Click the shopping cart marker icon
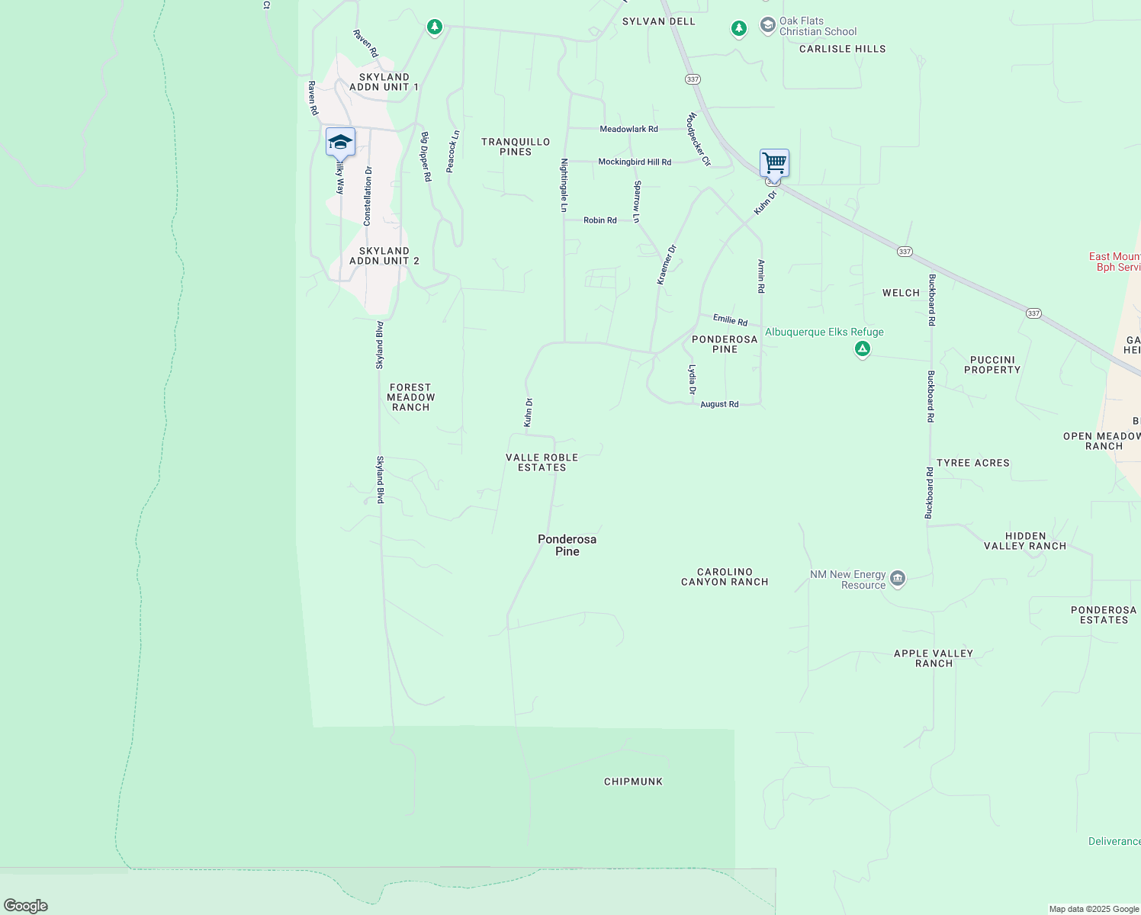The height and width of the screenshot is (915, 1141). [774, 162]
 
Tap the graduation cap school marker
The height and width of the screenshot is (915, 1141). [340, 143]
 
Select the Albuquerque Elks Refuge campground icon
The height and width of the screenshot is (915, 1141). [863, 349]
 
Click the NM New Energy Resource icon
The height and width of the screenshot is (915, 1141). [898, 579]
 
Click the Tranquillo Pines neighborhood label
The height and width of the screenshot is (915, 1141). [516, 146]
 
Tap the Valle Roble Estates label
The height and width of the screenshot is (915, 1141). [542, 462]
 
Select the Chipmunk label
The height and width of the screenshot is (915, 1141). [633, 782]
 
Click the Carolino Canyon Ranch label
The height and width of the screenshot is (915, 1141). [725, 576]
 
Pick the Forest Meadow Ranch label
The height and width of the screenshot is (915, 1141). [410, 397]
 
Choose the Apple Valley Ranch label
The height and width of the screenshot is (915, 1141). [934, 658]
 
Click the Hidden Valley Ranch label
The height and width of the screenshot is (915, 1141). [1025, 541]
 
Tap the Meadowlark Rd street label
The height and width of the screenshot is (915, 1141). [628, 129]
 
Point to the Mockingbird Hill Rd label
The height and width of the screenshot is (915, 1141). [635, 162]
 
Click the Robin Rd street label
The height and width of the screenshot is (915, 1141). [600, 220]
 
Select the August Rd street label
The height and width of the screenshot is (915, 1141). [719, 404]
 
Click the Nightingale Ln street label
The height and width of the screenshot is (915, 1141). [564, 185]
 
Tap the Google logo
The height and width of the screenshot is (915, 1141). [26, 906]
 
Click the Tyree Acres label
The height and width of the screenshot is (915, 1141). [973, 463]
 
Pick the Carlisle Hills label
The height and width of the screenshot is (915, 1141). [843, 49]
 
